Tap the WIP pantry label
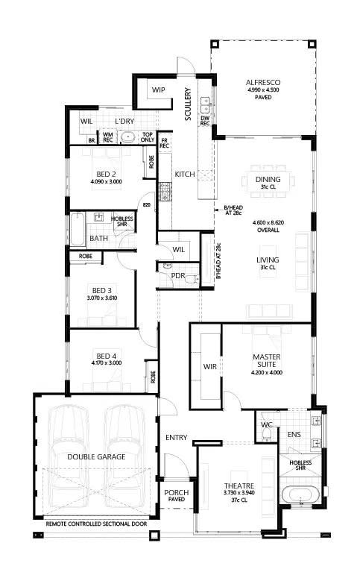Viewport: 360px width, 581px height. (159, 89)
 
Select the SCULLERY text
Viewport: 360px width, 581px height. (189, 104)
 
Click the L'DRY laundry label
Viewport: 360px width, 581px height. (124, 121)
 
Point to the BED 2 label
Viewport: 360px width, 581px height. (105, 173)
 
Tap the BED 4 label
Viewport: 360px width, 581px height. (106, 355)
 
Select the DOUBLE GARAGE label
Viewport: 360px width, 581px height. (96, 456)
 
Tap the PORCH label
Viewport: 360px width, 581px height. (177, 492)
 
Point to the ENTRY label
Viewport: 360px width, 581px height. (177, 437)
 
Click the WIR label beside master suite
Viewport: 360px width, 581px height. (209, 366)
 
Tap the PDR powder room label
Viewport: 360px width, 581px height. (177, 275)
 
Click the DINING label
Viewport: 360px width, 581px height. (268, 179)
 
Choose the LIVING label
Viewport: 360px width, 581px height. (267, 260)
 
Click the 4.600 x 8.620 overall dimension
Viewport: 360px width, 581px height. (267, 222)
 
